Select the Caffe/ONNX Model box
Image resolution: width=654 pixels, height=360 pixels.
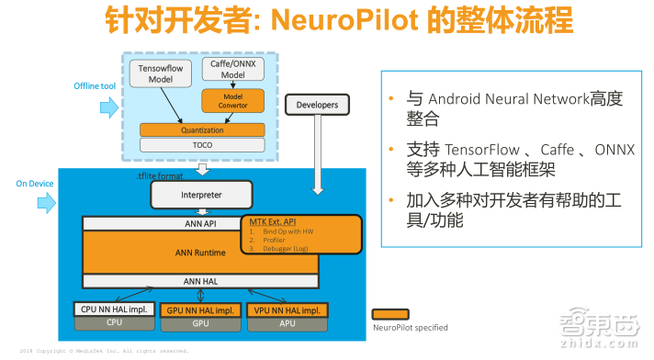coord(232,69)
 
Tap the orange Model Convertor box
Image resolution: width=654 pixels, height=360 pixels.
coord(232,99)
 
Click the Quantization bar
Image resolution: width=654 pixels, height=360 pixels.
coord(201,129)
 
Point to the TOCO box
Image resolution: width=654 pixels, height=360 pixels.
coord(201,145)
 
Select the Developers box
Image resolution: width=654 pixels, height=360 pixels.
coord(317,105)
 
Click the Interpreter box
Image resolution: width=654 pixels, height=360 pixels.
coord(199,194)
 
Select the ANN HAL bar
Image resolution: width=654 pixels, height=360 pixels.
coord(199,281)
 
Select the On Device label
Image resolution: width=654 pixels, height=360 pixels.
coord(35,184)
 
